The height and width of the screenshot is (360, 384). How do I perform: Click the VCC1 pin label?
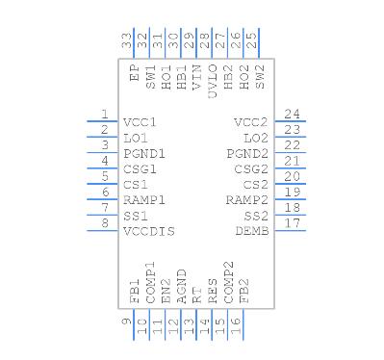pyautogui.click(x=140, y=123)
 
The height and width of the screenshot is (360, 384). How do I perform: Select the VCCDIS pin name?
pyautogui.click(x=146, y=232)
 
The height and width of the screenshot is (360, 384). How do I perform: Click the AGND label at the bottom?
pyautogui.click(x=181, y=291)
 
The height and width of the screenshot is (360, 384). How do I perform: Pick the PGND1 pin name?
pyautogui.click(x=144, y=154)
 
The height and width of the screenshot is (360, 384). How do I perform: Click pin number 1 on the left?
pyautogui.click(x=104, y=114)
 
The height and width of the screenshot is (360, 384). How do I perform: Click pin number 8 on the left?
pyautogui.click(x=104, y=222)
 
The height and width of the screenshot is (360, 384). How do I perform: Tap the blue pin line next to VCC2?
pyautogui.click(x=291, y=122)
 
